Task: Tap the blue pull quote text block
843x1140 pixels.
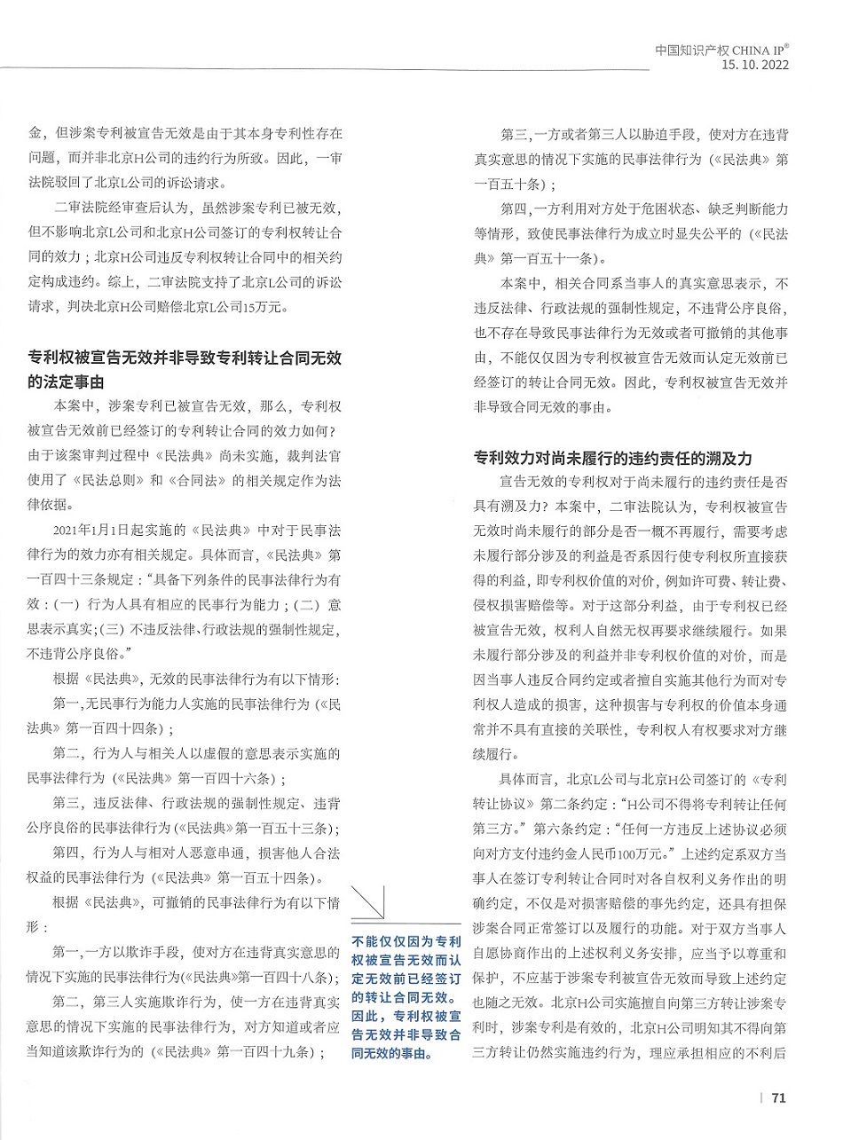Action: [x=406, y=997]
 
